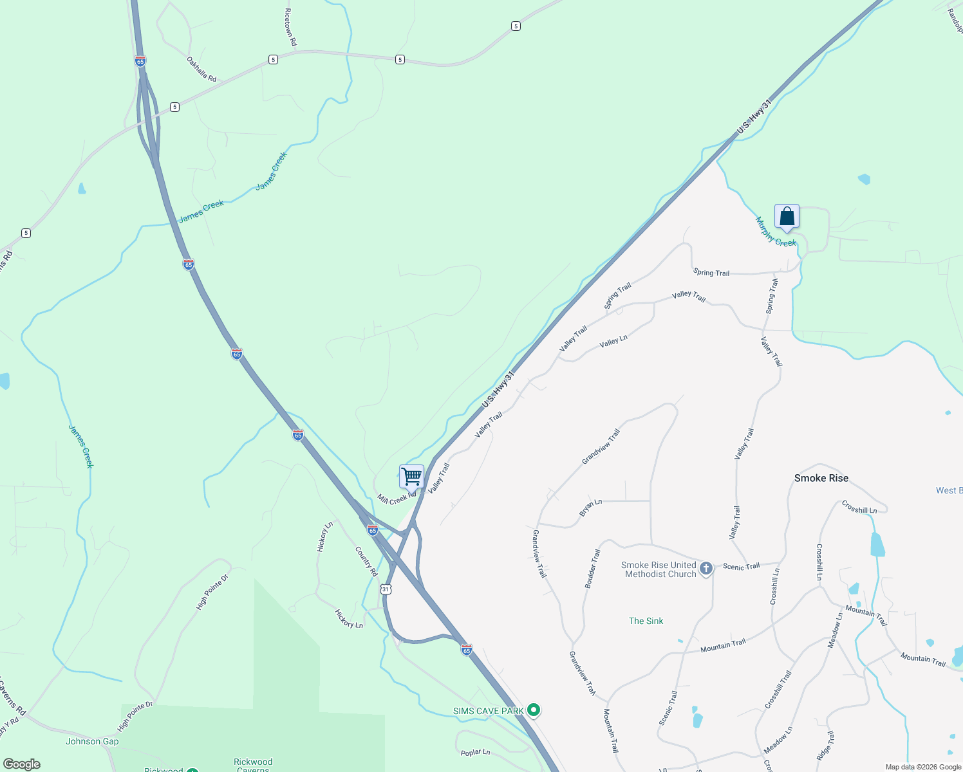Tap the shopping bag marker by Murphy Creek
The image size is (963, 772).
[787, 217]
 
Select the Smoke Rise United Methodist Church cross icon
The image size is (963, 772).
[706, 569]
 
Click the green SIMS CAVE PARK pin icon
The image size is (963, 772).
[533, 710]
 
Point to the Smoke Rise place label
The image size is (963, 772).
[821, 478]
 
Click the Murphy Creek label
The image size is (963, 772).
[776, 232]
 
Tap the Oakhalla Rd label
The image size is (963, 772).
[201, 69]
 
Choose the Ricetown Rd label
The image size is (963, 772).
[290, 26]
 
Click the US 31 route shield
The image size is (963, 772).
[385, 589]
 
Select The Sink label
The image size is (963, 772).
[646, 621]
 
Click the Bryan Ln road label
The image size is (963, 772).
[590, 507]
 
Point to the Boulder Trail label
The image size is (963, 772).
[592, 568]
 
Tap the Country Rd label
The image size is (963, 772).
[366, 562]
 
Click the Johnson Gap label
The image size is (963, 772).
[92, 741]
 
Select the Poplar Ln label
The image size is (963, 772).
[475, 752]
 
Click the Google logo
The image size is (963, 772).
[22, 764]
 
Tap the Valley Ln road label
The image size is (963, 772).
[613, 342]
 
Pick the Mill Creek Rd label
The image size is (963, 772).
[397, 499]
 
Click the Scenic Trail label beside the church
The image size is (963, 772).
[741, 567]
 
